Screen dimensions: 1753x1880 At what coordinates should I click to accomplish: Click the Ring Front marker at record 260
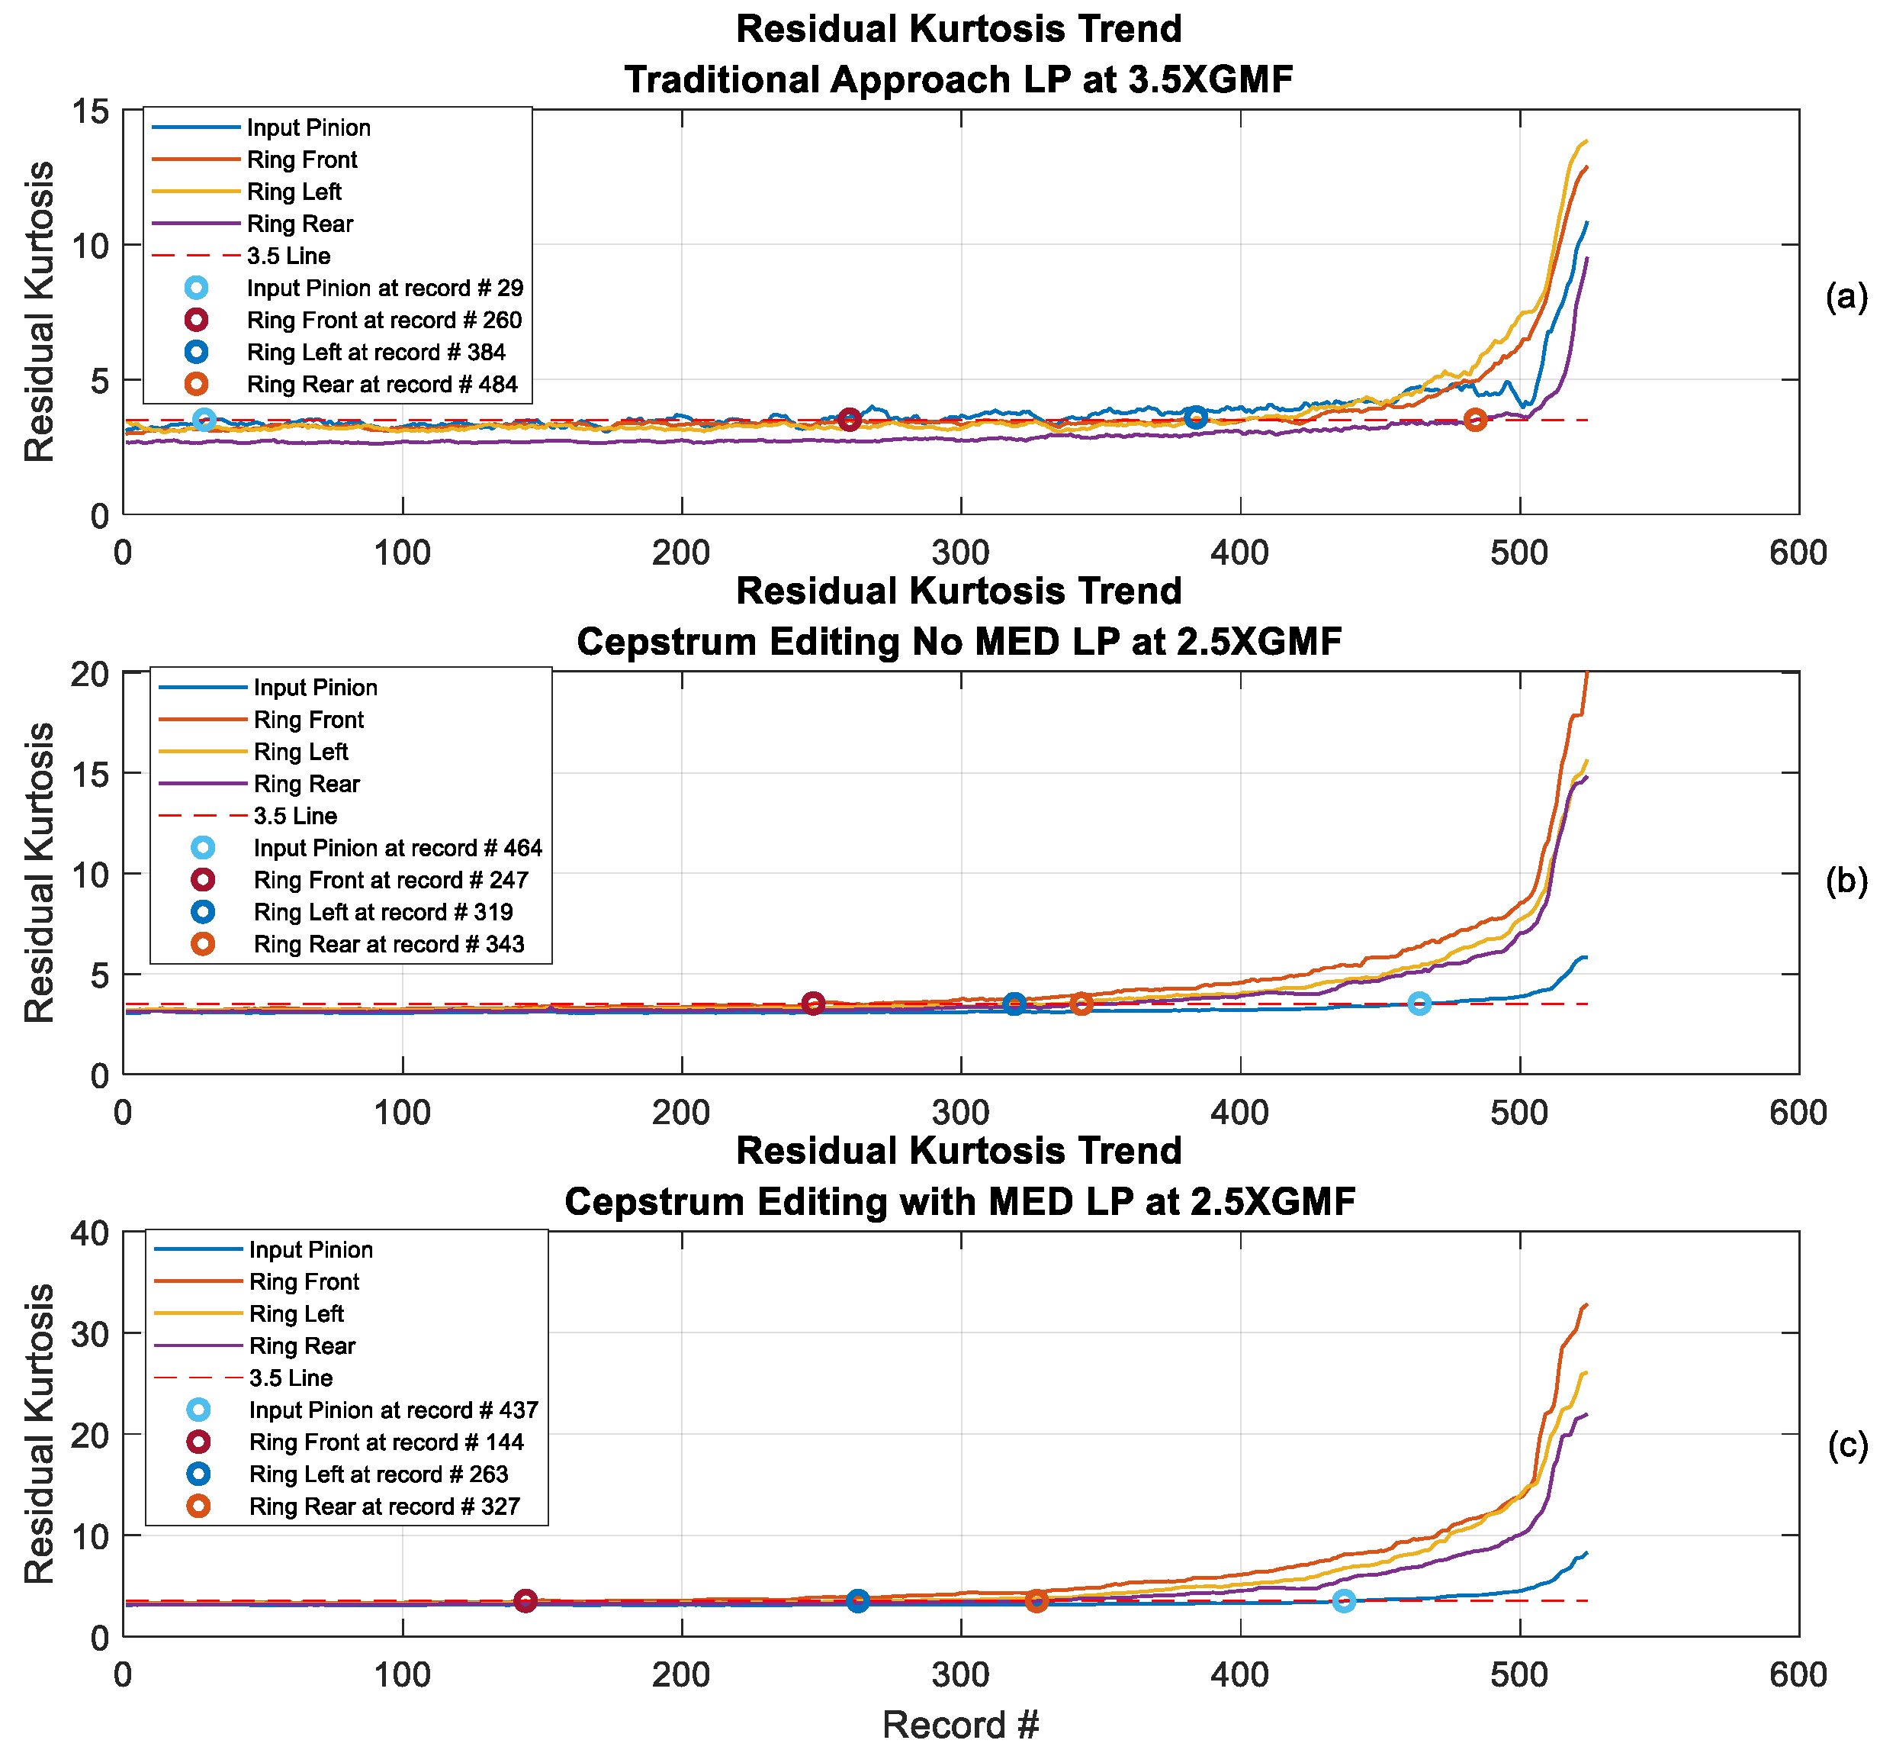click(849, 419)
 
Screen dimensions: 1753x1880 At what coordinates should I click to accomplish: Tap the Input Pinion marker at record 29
click(204, 419)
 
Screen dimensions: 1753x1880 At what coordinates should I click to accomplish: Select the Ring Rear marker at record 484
click(1475, 419)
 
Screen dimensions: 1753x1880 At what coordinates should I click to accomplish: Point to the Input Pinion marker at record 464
click(1419, 1004)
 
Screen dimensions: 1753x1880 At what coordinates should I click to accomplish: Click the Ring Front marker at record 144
click(525, 1600)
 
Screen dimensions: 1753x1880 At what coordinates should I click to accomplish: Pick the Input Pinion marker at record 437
click(1344, 1600)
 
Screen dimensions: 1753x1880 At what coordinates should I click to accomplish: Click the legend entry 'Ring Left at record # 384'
click(375, 352)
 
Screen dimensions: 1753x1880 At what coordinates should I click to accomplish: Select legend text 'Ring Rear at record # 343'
click(387, 944)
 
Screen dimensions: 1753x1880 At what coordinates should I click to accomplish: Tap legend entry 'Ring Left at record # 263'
click(378, 1474)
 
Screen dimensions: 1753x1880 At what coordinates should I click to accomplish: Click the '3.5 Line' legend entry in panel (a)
click(288, 256)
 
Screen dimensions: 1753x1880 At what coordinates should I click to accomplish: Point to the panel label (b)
click(1846, 880)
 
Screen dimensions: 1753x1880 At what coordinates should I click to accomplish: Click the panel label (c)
click(1846, 1445)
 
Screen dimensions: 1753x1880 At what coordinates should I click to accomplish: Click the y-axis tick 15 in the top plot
click(90, 111)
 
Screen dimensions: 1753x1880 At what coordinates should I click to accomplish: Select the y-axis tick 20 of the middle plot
click(90, 674)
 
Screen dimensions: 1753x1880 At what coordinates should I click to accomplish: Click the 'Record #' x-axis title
click(960, 1725)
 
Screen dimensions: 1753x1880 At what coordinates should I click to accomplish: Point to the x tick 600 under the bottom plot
click(1797, 1674)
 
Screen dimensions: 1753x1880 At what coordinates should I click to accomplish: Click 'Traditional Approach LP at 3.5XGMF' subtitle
click(958, 79)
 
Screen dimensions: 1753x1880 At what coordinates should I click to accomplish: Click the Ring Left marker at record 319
click(1014, 1004)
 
